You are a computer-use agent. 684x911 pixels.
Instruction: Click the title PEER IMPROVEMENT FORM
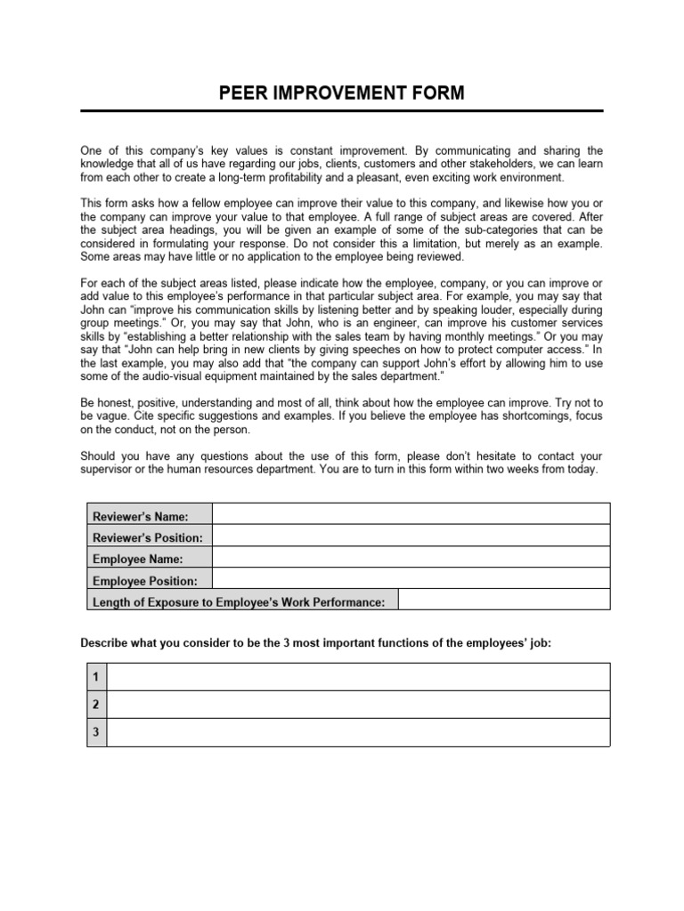click(342, 93)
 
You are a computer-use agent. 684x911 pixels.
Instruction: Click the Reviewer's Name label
click(140, 517)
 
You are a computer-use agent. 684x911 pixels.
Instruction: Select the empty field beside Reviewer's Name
click(411, 514)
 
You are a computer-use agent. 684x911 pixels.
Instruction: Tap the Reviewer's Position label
click(148, 538)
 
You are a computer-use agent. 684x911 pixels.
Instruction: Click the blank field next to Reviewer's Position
click(411, 536)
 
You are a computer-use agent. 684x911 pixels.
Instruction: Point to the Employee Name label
click(138, 560)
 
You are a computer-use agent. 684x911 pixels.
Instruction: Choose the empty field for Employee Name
click(411, 557)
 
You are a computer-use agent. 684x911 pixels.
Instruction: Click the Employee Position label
click(145, 581)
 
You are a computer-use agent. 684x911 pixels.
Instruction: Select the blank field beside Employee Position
click(411, 578)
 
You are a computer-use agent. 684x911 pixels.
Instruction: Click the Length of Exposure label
click(239, 602)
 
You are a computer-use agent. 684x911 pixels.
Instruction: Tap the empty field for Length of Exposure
click(503, 600)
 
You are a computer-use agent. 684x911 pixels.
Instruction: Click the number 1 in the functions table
click(95, 677)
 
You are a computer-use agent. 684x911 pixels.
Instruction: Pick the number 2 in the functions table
click(95, 705)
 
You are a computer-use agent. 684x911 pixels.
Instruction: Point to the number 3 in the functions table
click(95, 731)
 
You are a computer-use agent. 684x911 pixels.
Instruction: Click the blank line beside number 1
click(358, 677)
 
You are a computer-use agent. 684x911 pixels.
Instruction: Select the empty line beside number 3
click(358, 731)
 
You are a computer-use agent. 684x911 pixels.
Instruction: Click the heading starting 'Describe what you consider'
click(316, 642)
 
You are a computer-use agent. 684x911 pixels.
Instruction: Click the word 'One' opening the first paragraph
click(92, 150)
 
